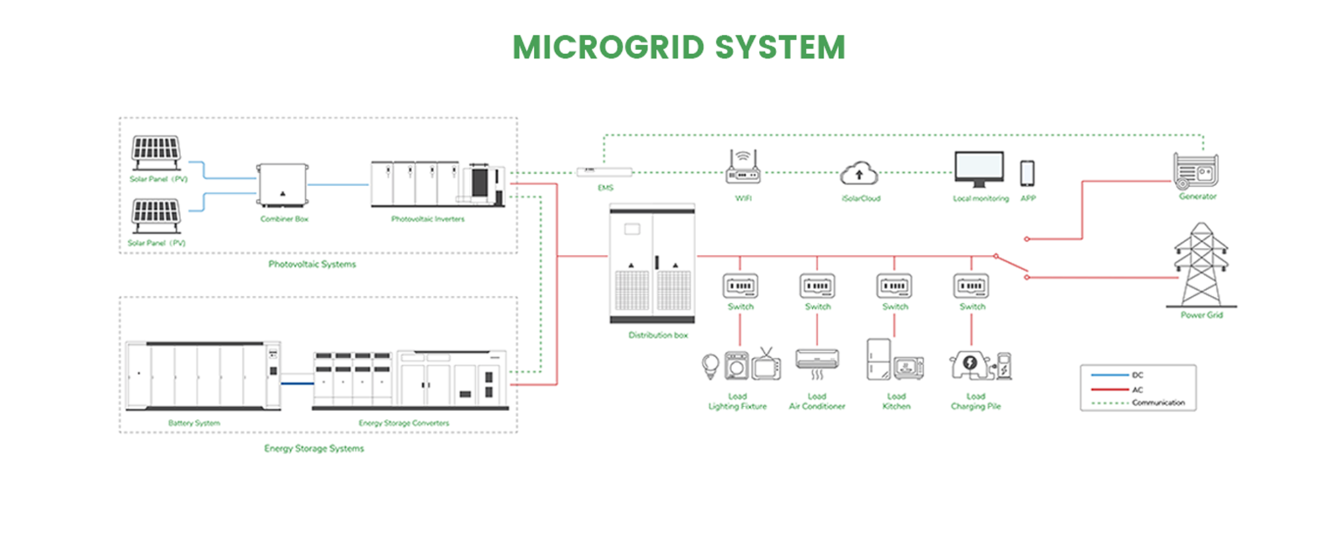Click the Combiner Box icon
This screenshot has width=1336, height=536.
283,185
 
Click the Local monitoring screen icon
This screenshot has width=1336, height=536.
979,168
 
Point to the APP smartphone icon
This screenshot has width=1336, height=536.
1027,174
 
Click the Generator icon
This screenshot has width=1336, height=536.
1196,170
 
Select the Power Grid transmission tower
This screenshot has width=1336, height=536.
1201,265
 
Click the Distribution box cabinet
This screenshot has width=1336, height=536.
653,264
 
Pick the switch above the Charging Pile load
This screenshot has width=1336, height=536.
971,286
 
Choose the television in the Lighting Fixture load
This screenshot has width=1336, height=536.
766,366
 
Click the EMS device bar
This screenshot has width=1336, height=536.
605,172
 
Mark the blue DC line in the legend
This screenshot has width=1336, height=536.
1110,375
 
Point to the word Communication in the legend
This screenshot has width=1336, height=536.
1158,403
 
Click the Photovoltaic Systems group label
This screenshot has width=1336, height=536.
312,264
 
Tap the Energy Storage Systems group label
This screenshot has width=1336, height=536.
314,449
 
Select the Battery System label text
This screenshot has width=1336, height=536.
194,423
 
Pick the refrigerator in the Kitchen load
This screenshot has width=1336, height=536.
878,359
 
